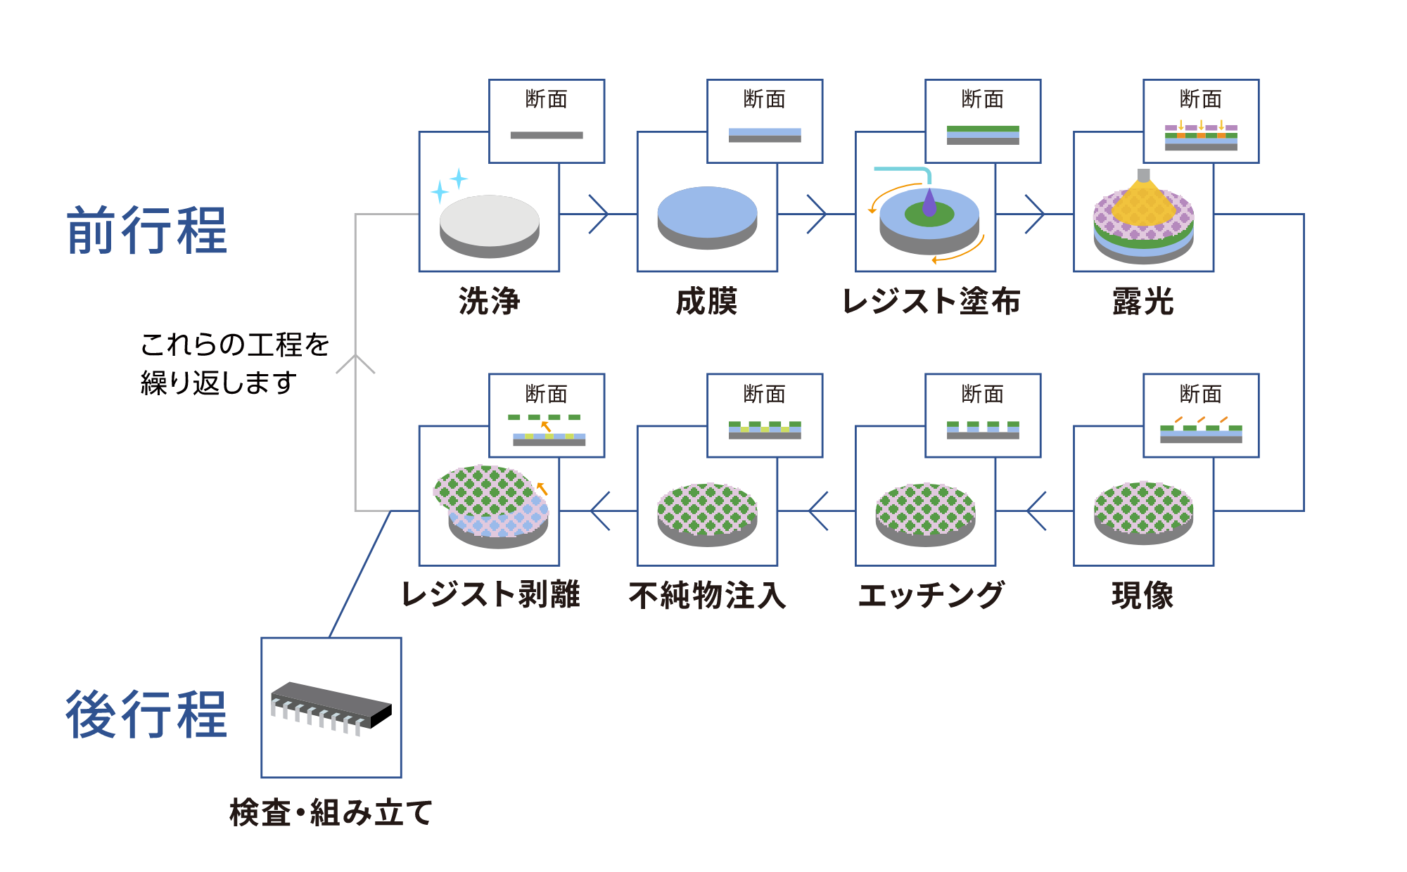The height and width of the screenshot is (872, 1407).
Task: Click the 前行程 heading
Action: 146,231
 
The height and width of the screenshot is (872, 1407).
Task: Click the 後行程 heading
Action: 146,714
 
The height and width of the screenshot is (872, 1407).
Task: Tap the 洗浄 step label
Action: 489,302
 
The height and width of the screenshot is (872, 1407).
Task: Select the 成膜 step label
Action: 706,302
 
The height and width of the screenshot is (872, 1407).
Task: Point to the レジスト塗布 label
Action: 930,302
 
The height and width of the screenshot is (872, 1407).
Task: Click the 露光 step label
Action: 1143,302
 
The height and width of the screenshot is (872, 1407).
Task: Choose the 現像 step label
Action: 1143,596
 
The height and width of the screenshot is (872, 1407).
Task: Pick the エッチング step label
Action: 930,596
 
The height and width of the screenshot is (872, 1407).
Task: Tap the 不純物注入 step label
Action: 706,596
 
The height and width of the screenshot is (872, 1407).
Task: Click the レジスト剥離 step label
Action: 490,595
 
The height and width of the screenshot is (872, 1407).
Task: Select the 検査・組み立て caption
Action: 331,813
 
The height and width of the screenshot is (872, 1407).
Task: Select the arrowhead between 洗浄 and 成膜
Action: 599,214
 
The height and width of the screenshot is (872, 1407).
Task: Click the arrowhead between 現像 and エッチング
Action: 1036,511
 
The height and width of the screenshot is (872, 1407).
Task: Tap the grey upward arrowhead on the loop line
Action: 355,363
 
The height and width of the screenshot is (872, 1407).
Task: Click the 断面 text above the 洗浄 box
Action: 547,99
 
